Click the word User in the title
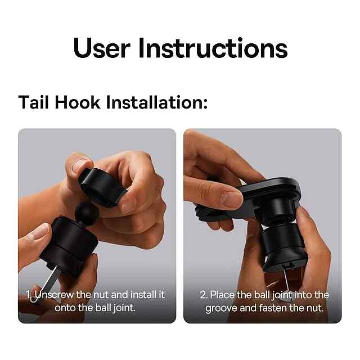(x=102, y=48)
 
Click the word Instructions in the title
(x=213, y=48)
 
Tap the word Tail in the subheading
(x=34, y=102)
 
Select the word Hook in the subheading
(x=78, y=102)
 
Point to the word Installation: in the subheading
(x=157, y=102)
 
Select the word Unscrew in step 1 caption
(x=55, y=295)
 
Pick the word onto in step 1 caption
(x=65, y=308)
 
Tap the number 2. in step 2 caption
(x=204, y=295)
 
